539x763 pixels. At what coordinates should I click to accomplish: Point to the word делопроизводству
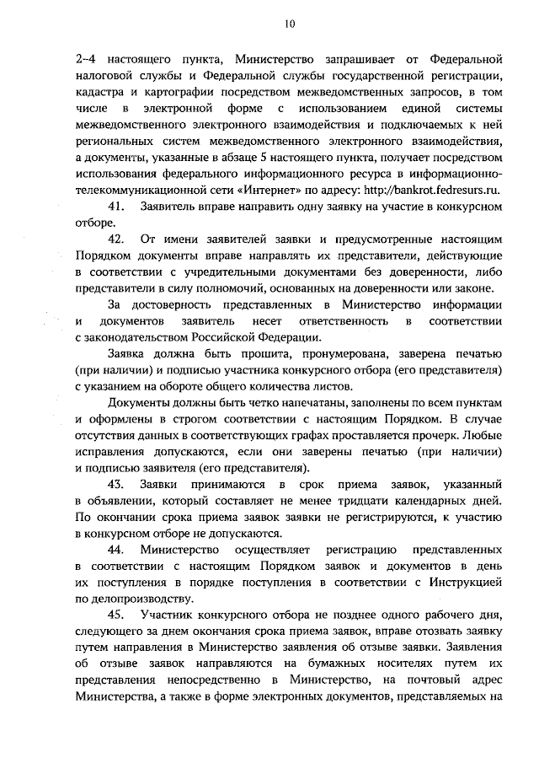(134, 599)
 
